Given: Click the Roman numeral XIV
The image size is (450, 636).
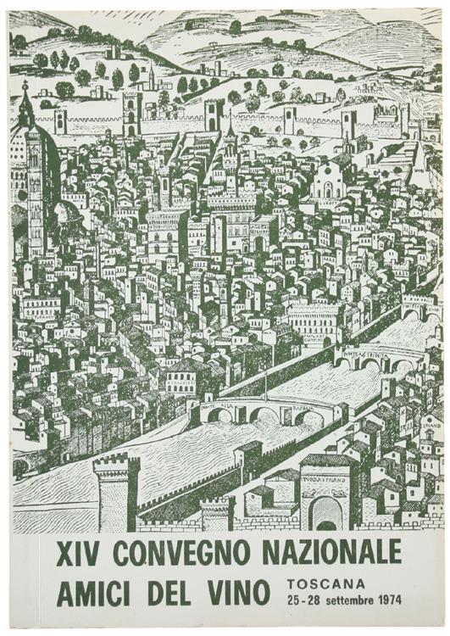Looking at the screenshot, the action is [80, 553].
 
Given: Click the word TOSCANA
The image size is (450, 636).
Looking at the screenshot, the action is [327, 583].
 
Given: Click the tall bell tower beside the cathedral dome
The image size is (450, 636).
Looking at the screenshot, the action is [35, 187].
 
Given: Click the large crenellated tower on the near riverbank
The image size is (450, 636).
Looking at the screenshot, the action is [117, 490].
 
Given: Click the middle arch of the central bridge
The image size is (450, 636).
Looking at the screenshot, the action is [264, 415].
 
